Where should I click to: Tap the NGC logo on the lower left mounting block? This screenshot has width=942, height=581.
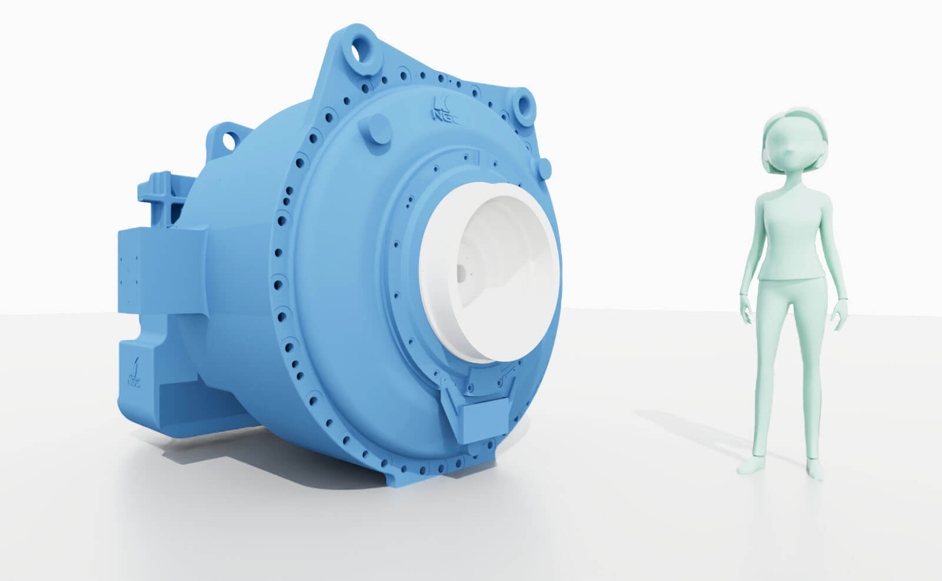tap(134, 370)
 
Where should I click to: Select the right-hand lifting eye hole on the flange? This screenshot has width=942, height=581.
tap(522, 106)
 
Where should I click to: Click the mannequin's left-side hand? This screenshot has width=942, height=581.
tap(746, 312)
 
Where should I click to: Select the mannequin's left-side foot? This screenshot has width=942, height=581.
tap(751, 466)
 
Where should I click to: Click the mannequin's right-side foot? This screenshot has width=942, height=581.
tap(815, 469)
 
